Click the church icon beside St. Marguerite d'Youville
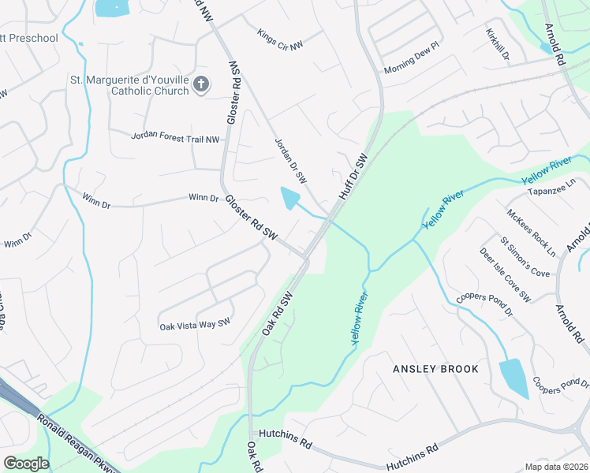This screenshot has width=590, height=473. [201, 84]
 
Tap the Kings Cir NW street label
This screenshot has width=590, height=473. [280, 40]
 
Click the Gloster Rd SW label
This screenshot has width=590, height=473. [252, 218]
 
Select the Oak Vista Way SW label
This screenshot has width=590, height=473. [195, 324]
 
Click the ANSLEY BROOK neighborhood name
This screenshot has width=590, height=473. [425, 369]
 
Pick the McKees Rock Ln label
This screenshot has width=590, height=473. [532, 232]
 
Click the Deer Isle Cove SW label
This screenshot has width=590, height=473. [506, 274]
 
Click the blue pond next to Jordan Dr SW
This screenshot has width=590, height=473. [291, 197]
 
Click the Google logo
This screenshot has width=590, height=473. [26, 464]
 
